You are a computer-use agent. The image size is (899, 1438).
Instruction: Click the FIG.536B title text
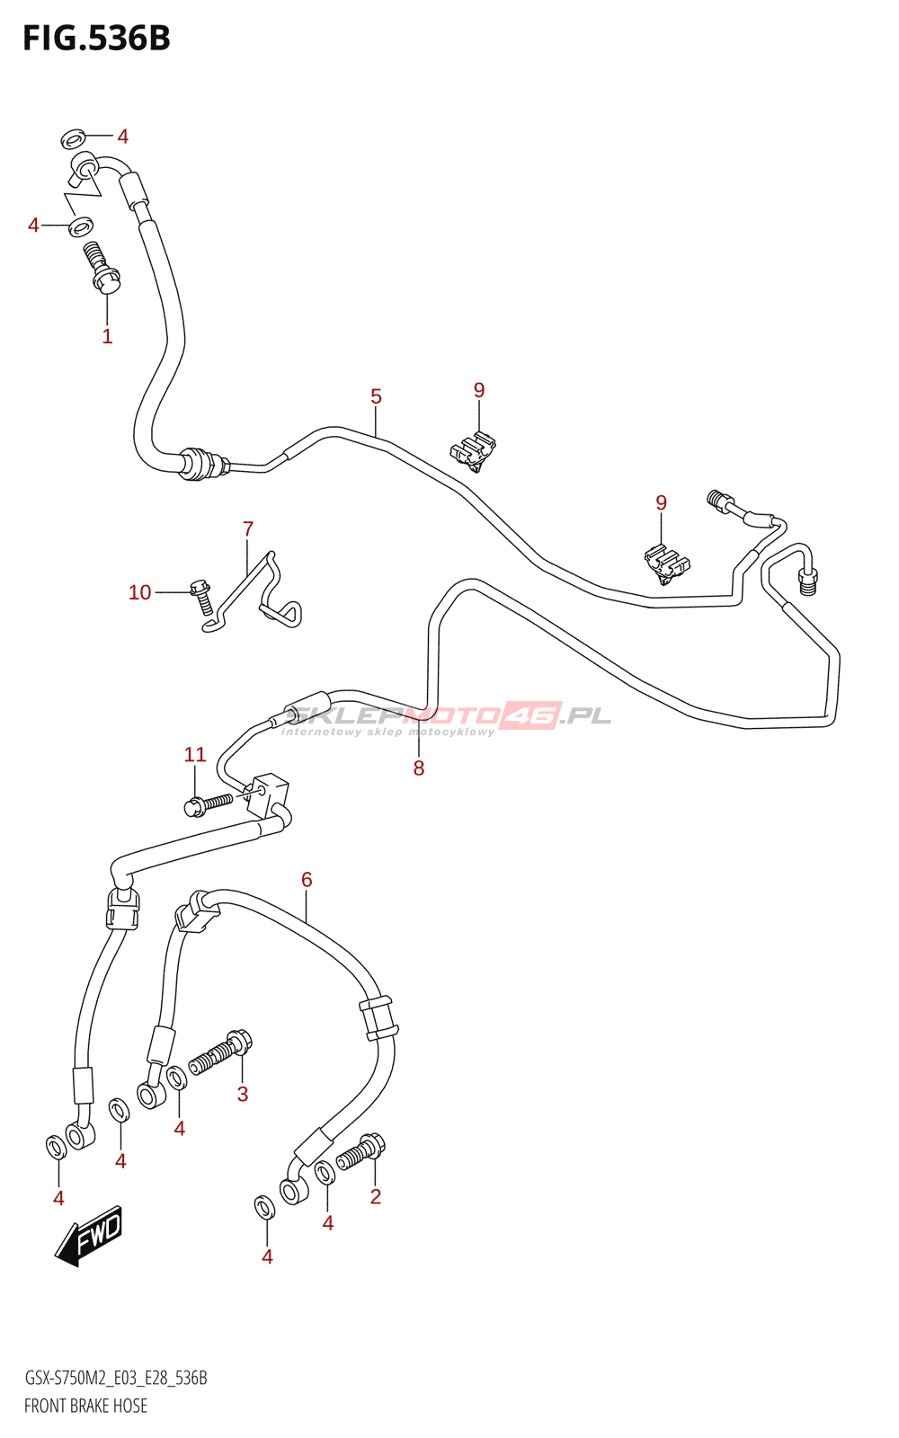(x=96, y=39)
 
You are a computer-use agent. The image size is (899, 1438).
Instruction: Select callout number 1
(x=107, y=337)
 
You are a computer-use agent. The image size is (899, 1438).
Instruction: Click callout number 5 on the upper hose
(x=376, y=396)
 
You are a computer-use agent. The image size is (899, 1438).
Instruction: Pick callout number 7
(x=248, y=529)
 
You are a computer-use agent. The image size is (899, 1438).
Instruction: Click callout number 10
(x=139, y=592)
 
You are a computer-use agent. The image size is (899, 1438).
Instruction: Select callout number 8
(x=419, y=768)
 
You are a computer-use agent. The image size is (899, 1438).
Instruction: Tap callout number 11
(x=195, y=755)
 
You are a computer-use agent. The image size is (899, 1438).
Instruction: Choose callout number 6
(x=307, y=880)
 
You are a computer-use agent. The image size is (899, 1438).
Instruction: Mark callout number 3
(x=243, y=1095)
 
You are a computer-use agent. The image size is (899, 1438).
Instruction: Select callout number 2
(x=376, y=1196)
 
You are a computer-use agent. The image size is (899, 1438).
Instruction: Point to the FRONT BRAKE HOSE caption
(x=85, y=1406)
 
